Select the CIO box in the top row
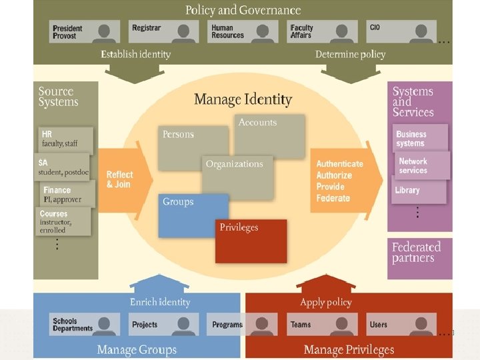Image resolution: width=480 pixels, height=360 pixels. coord(401,31)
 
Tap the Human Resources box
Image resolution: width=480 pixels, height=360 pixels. coord(243,31)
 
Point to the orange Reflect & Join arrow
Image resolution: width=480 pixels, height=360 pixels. coord(123,179)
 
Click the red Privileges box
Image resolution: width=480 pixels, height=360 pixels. coord(251,240)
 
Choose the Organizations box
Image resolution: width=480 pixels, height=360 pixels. coord(237,177)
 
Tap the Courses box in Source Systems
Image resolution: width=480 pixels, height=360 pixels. coord(63,221)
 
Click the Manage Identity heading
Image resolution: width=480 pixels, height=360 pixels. coord(243,100)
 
